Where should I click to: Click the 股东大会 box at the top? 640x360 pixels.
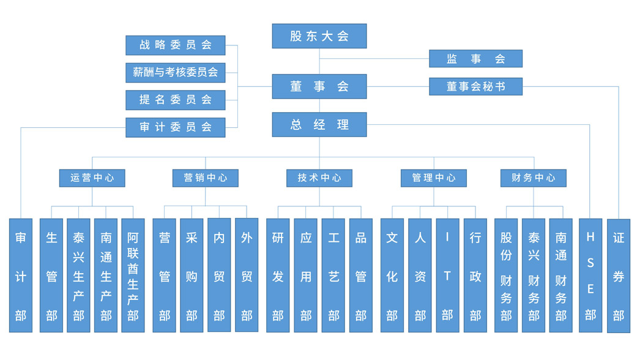tap(319, 36)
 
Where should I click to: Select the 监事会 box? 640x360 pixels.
tap(475, 59)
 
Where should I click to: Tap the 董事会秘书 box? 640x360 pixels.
tap(475, 86)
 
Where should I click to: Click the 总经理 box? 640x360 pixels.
tap(319, 124)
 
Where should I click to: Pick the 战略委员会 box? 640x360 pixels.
tap(175, 45)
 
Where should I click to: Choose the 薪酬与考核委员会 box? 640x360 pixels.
tap(175, 72)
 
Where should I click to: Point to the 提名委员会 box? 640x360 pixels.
tap(175, 99)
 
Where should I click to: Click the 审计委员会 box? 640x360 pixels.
tap(175, 127)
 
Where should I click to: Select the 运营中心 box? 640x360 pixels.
tap(92, 178)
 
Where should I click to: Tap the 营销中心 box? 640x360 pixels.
tap(205, 178)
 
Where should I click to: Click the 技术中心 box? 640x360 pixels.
tap(319, 178)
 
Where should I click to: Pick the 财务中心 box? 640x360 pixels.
tap(533, 178)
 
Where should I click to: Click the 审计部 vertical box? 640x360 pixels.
tap(21, 275)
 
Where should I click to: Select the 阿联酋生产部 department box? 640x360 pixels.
tap(133, 275)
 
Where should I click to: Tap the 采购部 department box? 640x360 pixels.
tap(192, 275)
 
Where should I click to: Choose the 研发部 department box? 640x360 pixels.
tap(278, 275)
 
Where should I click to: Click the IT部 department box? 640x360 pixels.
tap(447, 275)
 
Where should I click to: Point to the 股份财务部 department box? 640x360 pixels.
tap(506, 275)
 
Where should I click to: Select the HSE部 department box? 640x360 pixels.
tap(590, 275)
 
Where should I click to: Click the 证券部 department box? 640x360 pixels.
tap(619, 275)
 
